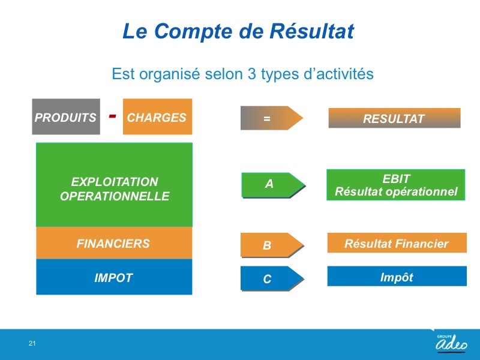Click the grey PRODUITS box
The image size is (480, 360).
[x=66, y=116]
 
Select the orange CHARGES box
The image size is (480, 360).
[x=157, y=116]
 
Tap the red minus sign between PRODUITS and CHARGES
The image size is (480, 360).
[x=113, y=116]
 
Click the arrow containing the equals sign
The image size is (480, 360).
[x=272, y=118]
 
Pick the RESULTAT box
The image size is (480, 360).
[x=394, y=118]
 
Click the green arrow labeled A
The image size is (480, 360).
[x=273, y=185]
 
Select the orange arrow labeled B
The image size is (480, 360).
[x=272, y=245]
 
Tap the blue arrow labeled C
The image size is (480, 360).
[x=272, y=278]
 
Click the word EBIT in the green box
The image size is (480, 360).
[x=396, y=179]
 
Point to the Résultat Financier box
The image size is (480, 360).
[x=397, y=243]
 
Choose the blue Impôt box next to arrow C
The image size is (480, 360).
[x=397, y=276]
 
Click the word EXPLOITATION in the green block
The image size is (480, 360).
[x=115, y=182]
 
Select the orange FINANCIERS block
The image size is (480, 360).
[x=114, y=243]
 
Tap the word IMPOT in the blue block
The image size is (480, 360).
[x=113, y=278]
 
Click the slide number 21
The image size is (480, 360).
[x=32, y=343]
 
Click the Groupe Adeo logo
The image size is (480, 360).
[x=452, y=343]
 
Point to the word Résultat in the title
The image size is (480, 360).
[x=311, y=31]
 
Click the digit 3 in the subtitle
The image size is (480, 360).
[x=251, y=74]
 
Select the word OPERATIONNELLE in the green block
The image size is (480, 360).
[x=115, y=196]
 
